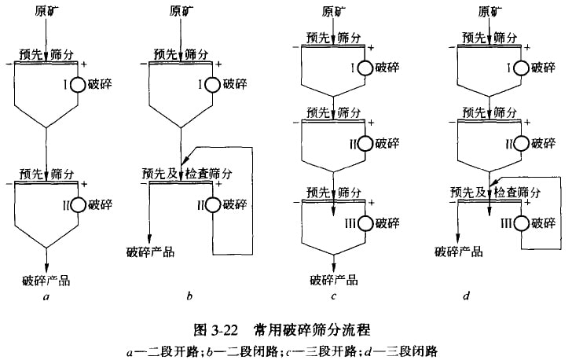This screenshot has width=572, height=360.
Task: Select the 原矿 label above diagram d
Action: (490, 11)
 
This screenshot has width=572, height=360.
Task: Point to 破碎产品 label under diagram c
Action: (334, 280)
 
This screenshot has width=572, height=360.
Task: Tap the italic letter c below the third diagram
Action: (335, 297)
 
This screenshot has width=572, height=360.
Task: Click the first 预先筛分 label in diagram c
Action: (335, 38)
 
